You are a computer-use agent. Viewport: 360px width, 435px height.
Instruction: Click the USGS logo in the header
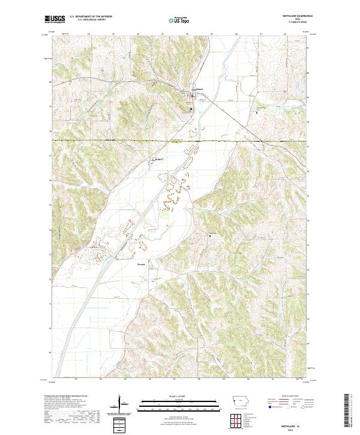[x=55, y=19]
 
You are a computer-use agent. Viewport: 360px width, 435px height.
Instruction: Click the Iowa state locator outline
[x=242, y=404]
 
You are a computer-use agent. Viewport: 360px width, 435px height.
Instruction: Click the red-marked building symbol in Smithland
[x=193, y=94]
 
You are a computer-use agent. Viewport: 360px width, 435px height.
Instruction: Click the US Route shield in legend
[x=291, y=407]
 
